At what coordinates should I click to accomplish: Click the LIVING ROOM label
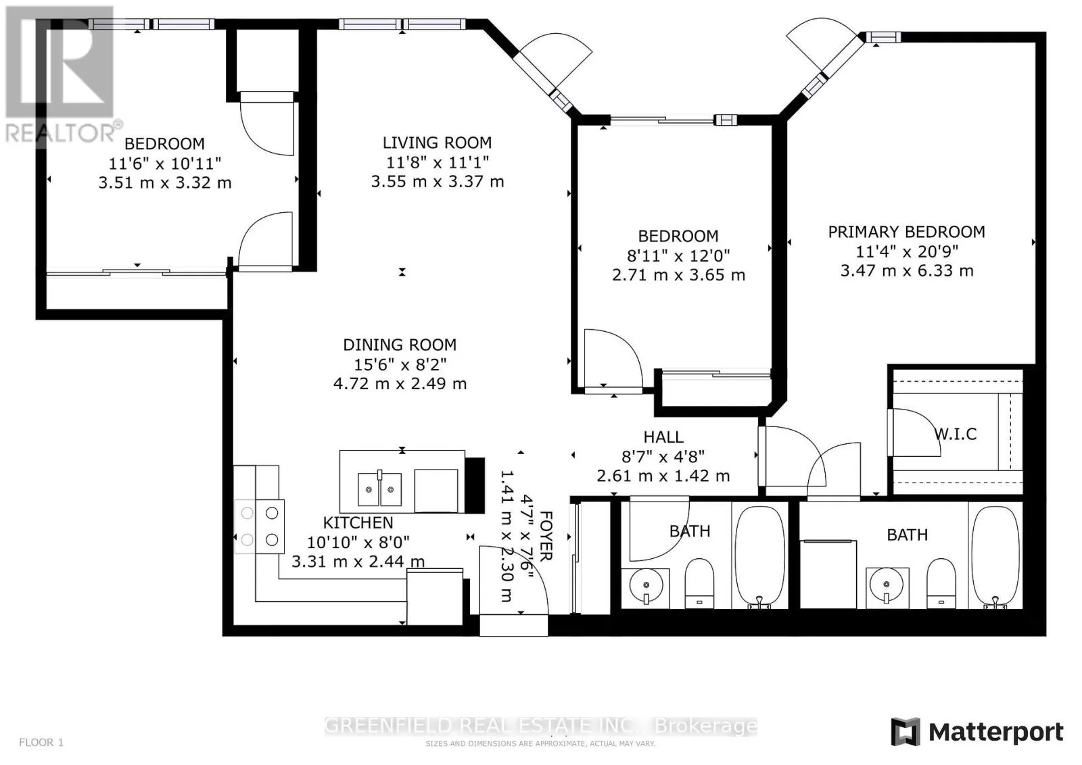[437, 143]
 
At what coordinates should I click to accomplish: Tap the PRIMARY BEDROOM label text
[906, 232]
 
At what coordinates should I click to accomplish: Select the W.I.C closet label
[956, 434]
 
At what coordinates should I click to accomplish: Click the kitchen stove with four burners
[260, 526]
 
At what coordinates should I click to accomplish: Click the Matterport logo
[977, 733]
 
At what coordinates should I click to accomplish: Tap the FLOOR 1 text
[41, 743]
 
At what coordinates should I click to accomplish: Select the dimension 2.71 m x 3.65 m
[678, 275]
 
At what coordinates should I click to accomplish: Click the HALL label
[663, 437]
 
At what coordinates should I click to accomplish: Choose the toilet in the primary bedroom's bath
[940, 583]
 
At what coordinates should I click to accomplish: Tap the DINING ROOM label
[400, 345]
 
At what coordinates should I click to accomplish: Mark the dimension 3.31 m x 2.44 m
[358, 562]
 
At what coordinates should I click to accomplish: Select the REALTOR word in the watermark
[61, 132]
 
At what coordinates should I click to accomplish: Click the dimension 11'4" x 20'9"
[906, 251]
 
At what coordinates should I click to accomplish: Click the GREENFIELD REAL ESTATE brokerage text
[540, 726]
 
